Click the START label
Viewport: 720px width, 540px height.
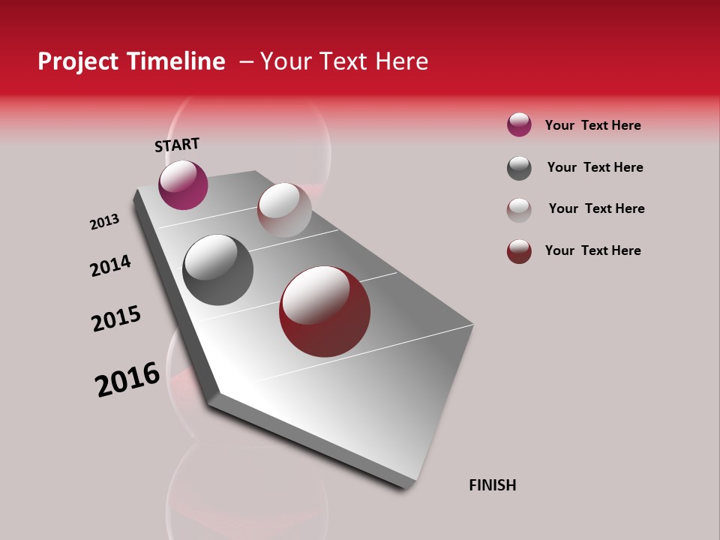[x=177, y=145]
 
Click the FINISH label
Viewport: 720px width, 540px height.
[x=492, y=485]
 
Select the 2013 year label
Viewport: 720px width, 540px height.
[x=104, y=222]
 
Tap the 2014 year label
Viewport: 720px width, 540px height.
[x=110, y=265]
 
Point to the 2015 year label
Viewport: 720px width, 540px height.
[x=116, y=319]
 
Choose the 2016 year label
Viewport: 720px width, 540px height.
[x=127, y=379]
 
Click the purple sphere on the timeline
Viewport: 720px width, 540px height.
[x=183, y=184]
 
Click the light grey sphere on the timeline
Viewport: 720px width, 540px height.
[x=284, y=210]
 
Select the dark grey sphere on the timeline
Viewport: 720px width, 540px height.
[x=218, y=270]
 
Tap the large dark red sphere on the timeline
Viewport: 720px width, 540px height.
[x=325, y=311]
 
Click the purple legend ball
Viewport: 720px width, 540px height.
[x=519, y=125]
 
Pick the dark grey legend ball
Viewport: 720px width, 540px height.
[x=519, y=168]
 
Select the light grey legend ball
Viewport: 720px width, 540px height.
[x=519, y=210]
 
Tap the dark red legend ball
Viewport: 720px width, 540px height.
[x=519, y=251]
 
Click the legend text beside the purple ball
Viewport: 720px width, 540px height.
[x=592, y=125]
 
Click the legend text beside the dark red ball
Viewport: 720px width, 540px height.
[x=592, y=250]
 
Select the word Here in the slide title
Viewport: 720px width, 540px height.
[x=401, y=61]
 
